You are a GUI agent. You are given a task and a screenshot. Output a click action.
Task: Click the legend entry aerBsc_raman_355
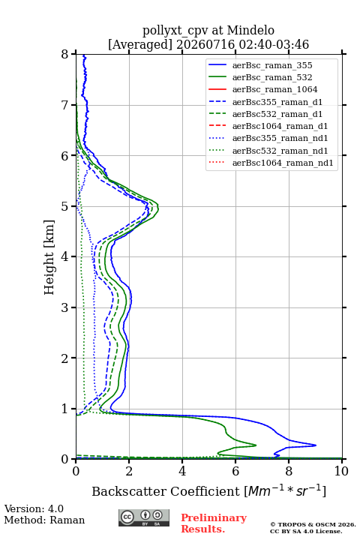(272, 65)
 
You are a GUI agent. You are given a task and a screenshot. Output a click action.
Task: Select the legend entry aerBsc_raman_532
(272, 77)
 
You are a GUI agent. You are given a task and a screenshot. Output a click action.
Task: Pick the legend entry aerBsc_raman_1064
(275, 89)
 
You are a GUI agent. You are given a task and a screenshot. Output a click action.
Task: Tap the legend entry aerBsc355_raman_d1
(277, 102)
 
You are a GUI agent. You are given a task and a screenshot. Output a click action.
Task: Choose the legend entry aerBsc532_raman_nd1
(280, 151)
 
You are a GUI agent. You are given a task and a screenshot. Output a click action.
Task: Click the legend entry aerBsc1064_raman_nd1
(283, 163)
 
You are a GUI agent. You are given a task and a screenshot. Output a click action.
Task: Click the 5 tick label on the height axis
(65, 206)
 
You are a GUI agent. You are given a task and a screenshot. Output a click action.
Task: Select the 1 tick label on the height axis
(65, 409)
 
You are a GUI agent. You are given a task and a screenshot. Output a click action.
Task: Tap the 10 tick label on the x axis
(341, 471)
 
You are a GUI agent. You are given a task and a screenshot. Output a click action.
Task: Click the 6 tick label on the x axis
(235, 471)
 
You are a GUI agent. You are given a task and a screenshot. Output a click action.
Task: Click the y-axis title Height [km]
(49, 257)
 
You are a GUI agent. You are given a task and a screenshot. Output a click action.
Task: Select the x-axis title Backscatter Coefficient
(165, 491)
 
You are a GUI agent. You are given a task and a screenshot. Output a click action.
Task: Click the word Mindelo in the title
(250, 30)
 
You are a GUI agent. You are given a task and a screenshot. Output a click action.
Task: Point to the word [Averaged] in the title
(139, 44)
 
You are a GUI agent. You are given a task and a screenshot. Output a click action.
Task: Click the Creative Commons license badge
(144, 517)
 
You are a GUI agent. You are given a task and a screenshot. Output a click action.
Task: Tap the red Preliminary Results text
(214, 523)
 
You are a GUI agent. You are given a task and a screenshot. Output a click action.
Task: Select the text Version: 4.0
(34, 508)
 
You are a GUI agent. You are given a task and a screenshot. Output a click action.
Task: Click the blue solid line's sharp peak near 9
(316, 445)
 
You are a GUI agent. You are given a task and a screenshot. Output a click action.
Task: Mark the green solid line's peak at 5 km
(158, 207)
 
